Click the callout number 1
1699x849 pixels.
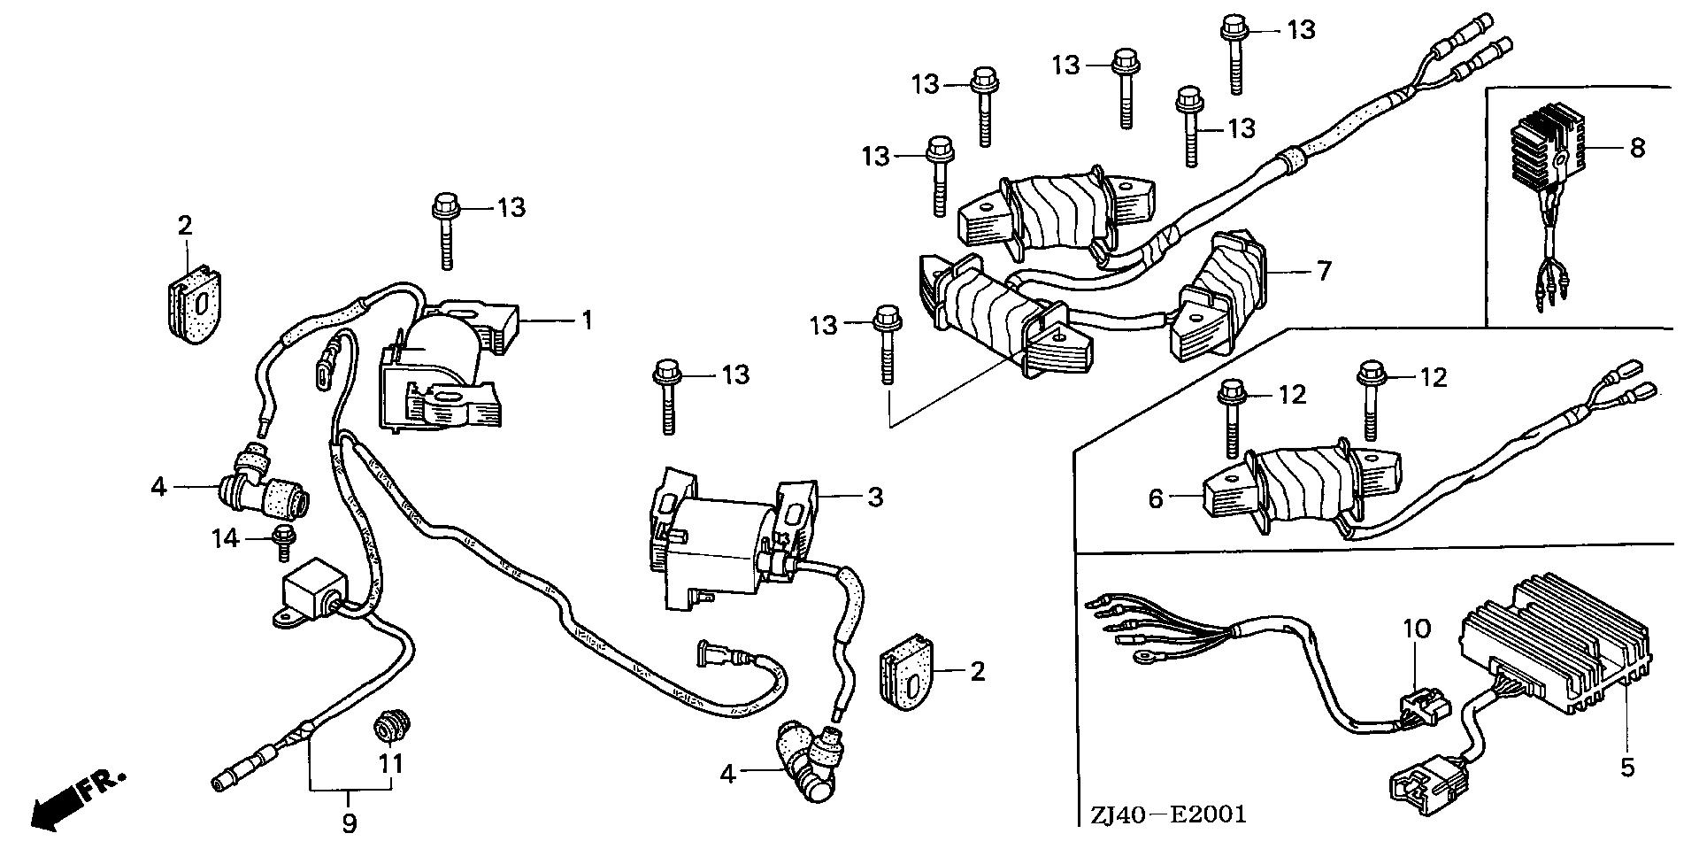tap(586, 320)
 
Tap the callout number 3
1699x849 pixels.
tap(874, 497)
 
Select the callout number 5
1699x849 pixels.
tap(1627, 767)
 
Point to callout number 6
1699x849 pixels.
tap(1156, 499)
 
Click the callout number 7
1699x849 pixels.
tap(1323, 269)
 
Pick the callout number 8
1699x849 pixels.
tap(1637, 147)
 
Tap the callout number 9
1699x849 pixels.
tap(350, 824)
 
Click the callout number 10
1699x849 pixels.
tap(1417, 630)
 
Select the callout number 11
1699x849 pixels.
tap(391, 762)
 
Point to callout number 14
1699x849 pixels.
tap(226, 537)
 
